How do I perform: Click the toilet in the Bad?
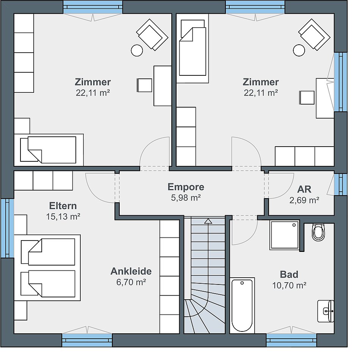click(x=319, y=232)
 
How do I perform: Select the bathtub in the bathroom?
click(x=242, y=305)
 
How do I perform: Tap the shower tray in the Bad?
click(x=284, y=235)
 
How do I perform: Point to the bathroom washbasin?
click(x=326, y=311)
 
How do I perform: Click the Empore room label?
click(x=186, y=187)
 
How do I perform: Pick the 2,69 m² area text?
click(x=304, y=200)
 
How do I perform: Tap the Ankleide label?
click(x=131, y=271)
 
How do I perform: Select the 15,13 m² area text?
click(x=63, y=217)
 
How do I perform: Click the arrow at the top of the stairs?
click(x=208, y=221)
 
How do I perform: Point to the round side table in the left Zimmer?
click(x=137, y=50)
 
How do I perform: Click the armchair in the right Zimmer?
click(x=315, y=34)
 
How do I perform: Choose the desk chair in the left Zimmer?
click(x=144, y=85)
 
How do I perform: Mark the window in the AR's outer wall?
click(x=340, y=184)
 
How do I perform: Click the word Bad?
click(x=289, y=274)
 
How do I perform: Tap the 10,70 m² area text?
click(x=289, y=286)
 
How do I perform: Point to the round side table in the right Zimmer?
click(x=299, y=50)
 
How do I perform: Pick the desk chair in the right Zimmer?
click(x=307, y=98)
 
